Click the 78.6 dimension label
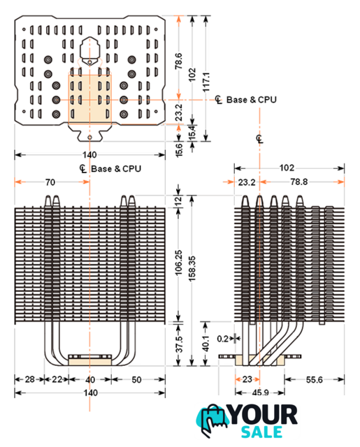pos(178,61)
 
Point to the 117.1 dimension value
pos(206,82)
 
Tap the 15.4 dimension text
pos(192,132)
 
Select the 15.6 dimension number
pos(178,150)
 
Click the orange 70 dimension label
pos(50,182)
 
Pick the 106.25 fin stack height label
pos(178,263)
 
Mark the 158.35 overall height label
pos(192,269)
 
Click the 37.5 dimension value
pos(178,344)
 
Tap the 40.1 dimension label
pos(206,343)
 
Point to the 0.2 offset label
pos(222,339)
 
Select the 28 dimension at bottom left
pos(29,379)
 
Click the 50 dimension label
pos(136,380)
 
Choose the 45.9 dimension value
pos(260,393)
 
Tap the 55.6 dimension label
pos(314,380)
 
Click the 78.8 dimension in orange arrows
pos(299,182)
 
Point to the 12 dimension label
pos(178,201)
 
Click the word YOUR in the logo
pos(264,415)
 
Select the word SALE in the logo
pos(261,432)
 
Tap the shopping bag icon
pos(212,420)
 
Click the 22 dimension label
pos(57,379)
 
